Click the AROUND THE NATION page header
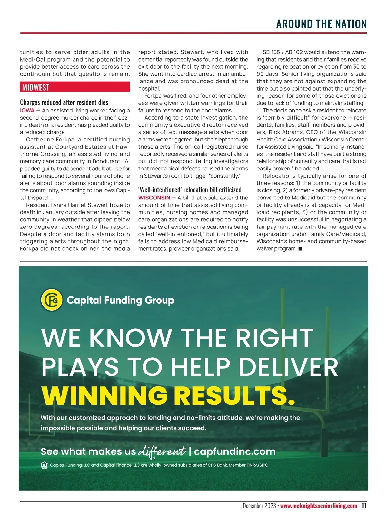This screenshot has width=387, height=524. [x=321, y=24]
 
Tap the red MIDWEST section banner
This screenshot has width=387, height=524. [x=75, y=87]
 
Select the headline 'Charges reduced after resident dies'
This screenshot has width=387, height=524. [x=64, y=102]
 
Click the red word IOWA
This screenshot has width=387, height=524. [x=27, y=110]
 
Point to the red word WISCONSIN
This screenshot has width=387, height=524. [x=154, y=198]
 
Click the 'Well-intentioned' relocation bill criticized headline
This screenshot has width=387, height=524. [x=190, y=189]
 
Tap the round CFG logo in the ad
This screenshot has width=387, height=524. [x=52, y=300]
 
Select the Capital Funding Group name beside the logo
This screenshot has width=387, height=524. [x=120, y=300]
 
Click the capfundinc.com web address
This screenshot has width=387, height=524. [x=235, y=451]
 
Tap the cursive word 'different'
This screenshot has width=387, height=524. [x=162, y=451]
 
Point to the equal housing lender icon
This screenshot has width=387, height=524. [x=44, y=465]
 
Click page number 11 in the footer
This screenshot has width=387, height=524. [x=364, y=506]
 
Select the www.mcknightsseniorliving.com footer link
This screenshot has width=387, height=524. [x=319, y=506]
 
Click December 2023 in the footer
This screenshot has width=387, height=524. [x=259, y=506]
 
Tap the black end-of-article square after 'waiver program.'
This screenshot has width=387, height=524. [x=300, y=249]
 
